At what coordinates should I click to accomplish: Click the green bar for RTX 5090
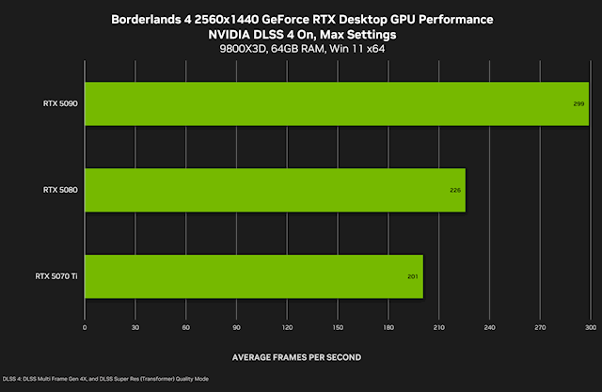coord(336,103)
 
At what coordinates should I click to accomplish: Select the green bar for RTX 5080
coord(275,190)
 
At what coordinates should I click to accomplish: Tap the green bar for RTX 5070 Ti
coord(254,275)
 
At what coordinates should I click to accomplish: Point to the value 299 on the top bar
coord(579,103)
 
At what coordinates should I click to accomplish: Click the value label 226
coord(456,190)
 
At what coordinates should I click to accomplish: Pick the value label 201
coord(414,276)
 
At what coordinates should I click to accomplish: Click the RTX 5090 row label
coord(60,103)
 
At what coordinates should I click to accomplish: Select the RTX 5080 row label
coord(60,190)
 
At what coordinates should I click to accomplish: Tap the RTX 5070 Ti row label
coord(57,276)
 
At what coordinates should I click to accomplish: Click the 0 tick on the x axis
coord(85,327)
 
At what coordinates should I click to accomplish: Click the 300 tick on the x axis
coord(590,327)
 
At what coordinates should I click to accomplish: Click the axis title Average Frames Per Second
coord(296,357)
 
